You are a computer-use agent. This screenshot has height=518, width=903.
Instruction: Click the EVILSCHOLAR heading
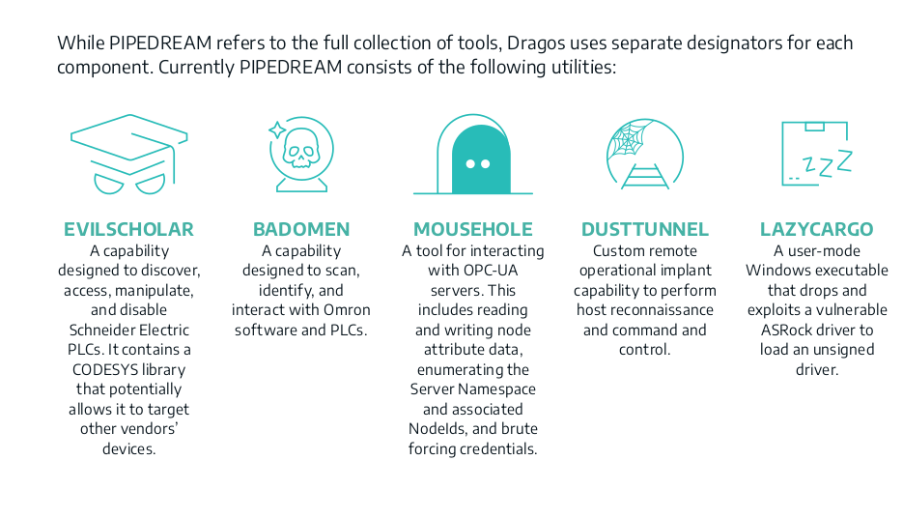[x=128, y=229]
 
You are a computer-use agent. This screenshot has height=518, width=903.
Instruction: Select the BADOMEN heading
[x=301, y=229]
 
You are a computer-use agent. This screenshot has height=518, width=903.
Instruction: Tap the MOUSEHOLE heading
[x=473, y=229]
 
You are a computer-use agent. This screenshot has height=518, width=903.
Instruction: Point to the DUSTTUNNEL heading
[x=645, y=229]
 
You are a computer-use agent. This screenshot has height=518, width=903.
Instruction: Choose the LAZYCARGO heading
[x=817, y=229]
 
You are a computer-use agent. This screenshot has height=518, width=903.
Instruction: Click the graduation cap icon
[x=129, y=154]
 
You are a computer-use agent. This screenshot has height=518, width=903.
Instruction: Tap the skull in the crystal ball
[x=301, y=149]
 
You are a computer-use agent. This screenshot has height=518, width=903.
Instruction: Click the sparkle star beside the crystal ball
[x=277, y=129]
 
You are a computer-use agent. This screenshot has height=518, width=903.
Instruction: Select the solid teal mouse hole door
[x=481, y=159]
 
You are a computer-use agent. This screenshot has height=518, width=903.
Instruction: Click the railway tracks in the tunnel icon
[x=645, y=176]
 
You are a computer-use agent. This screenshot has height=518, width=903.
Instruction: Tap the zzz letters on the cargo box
[x=827, y=164]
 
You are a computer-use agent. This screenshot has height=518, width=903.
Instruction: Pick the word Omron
[x=347, y=310]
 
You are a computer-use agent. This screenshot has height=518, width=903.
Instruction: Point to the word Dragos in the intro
[x=536, y=43]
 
